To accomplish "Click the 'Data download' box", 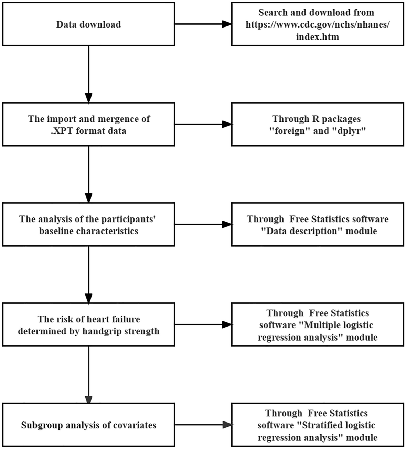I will pos(88,24).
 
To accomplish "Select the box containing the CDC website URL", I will pos(317,24).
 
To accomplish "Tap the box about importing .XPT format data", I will pos(88,125).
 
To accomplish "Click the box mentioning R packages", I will pos(317,125).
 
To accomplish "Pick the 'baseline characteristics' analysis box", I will pos(88,225).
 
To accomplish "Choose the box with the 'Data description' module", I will pos(317,225).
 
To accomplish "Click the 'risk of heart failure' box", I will pos(88,325).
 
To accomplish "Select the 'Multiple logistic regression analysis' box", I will pos(317,325).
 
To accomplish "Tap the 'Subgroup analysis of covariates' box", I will pos(88,425).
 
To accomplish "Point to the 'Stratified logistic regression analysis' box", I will pos(317,425).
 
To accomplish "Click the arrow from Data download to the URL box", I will pos(203,24).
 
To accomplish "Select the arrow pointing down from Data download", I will pos(89,74).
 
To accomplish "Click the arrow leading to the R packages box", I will pos(203,125).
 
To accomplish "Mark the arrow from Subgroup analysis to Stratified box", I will pos(203,425).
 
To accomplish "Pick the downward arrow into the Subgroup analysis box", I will pos(89,375).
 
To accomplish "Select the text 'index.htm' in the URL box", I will pos(317,37).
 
